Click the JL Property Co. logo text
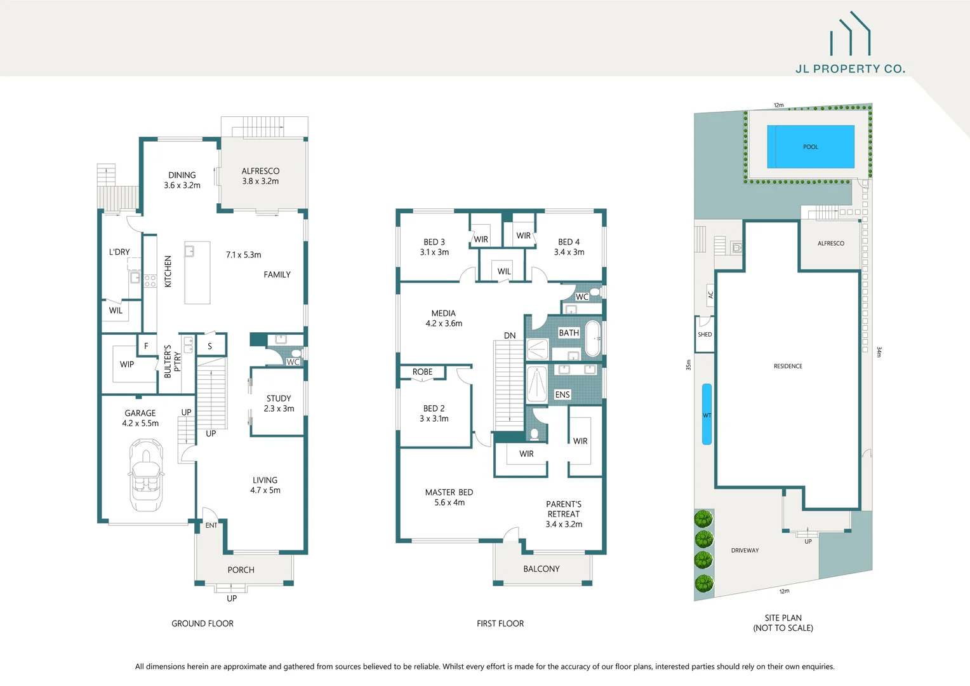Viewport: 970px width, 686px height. (850, 69)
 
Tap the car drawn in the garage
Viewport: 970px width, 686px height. (147, 475)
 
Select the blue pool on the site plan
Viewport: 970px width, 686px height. (810, 147)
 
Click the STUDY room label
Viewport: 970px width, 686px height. (279, 398)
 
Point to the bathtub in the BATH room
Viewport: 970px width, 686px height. (592, 339)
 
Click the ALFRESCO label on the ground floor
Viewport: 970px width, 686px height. (260, 171)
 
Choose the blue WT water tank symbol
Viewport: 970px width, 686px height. (707, 414)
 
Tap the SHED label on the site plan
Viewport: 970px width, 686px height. (705, 334)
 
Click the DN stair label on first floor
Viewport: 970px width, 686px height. (510, 335)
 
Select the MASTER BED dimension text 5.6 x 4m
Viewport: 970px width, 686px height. (449, 502)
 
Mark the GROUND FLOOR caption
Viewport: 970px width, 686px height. (203, 624)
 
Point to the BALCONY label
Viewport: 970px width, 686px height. (541, 569)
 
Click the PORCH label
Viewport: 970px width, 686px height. (241, 570)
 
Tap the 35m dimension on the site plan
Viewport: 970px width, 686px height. (688, 365)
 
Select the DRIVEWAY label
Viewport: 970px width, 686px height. (745, 550)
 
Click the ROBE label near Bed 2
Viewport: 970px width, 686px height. (422, 372)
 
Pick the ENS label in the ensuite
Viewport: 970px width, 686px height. (562, 394)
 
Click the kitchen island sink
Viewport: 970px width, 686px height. (189, 251)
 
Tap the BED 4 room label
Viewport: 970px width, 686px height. (569, 242)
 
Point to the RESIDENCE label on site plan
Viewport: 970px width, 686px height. (788, 366)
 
